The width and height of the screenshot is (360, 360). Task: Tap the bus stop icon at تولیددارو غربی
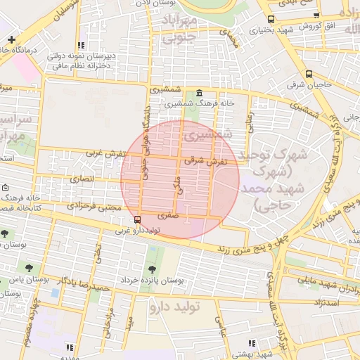[x=137, y=219]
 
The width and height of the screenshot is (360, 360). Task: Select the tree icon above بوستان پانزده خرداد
[x=152, y=269]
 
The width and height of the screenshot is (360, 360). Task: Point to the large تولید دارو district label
[x=176, y=307]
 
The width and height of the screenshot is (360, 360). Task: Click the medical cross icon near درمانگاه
[x=11, y=39]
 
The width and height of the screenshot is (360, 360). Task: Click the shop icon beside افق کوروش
[x=316, y=16]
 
